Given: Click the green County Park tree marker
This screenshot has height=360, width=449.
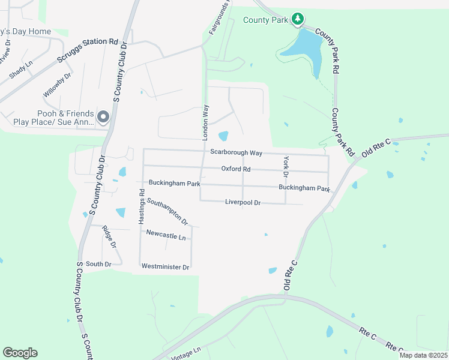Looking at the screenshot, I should (297, 20).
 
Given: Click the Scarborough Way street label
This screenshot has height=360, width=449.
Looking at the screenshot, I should (237, 152).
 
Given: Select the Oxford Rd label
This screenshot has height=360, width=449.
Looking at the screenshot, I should (235, 169).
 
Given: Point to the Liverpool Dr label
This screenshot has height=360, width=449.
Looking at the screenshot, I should (243, 203).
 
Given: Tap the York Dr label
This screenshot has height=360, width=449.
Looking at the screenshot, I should (286, 166).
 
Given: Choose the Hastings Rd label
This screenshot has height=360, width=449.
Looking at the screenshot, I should (142, 207).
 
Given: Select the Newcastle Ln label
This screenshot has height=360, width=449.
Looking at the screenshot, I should (166, 236).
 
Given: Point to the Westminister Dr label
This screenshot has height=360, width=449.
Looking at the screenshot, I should (165, 266).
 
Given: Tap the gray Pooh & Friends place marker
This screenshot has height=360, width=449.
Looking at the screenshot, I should (103, 116).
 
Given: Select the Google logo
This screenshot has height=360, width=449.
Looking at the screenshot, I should (20, 353).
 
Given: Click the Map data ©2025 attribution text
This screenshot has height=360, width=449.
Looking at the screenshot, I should (423, 355).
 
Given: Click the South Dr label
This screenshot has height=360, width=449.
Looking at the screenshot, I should (98, 264).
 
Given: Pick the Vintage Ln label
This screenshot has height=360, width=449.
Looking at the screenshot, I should (185, 353).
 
